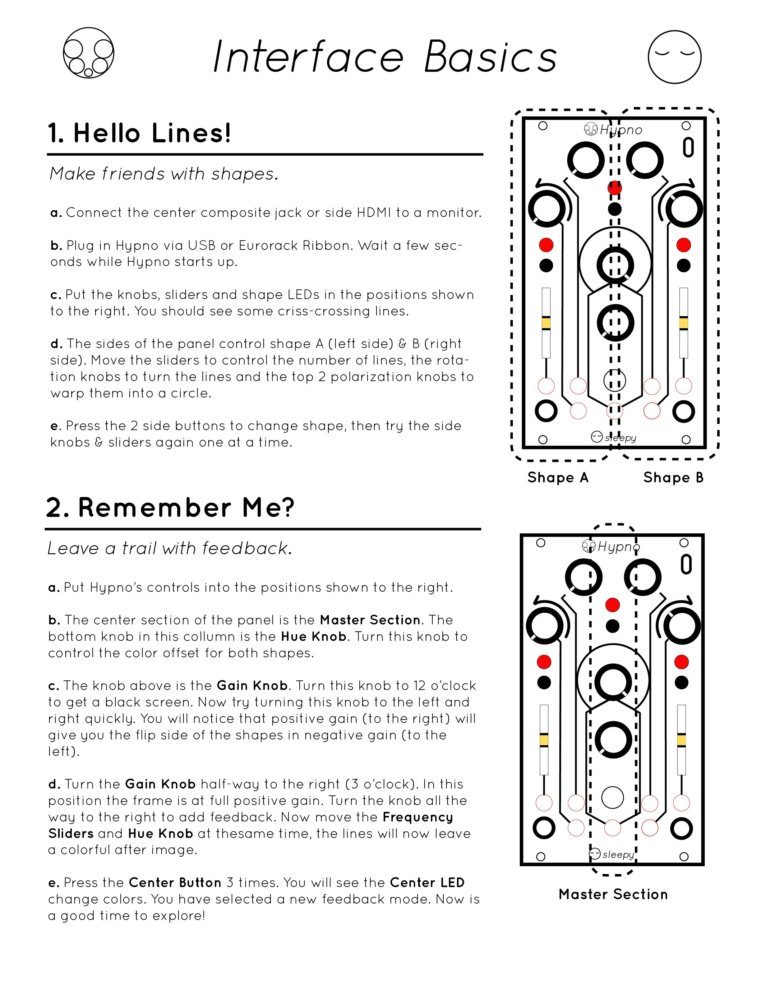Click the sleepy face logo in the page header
point(674,57)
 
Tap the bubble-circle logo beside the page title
point(88,53)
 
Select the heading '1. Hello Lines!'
point(139,133)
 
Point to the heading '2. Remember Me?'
point(170,507)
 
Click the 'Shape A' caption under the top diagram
point(558,478)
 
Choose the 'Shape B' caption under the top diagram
point(673,478)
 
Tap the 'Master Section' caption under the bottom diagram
point(613,894)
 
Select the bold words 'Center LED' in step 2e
point(427,883)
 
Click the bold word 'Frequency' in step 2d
point(418,817)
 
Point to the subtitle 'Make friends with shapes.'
point(164,174)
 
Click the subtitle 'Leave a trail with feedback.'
point(170,548)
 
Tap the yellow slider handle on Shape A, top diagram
point(546,323)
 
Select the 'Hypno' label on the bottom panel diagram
point(618,547)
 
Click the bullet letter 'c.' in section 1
point(56,295)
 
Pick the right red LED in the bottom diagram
point(682,662)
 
